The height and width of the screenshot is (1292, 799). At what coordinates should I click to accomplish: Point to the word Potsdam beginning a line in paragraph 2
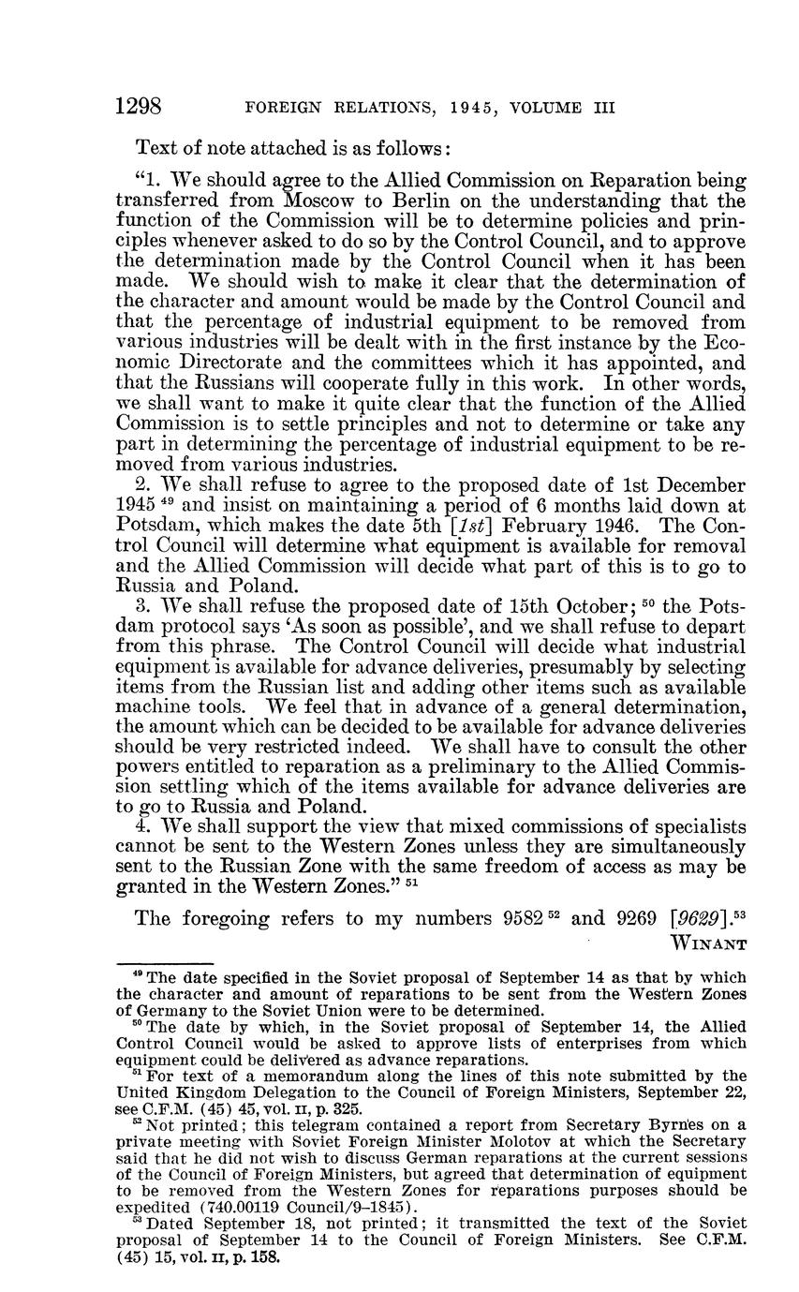pos(154,526)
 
